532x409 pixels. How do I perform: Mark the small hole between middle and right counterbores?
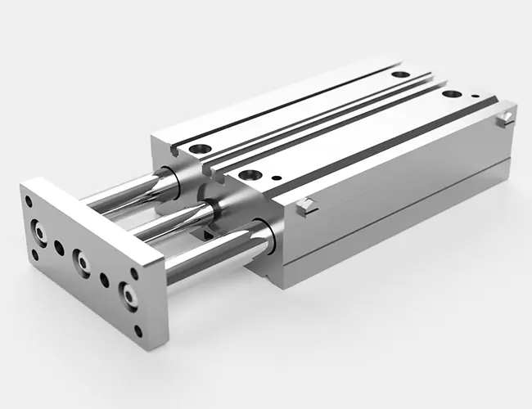[105, 279]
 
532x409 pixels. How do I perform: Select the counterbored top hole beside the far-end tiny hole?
[449, 94]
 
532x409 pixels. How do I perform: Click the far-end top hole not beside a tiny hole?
[399, 75]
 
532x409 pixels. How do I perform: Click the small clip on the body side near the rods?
[305, 204]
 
